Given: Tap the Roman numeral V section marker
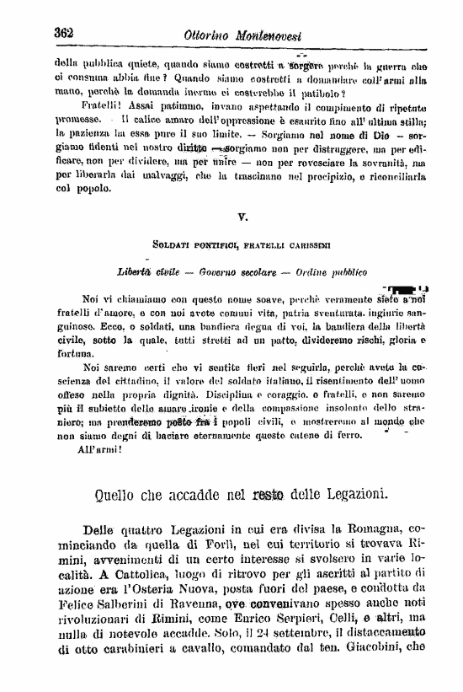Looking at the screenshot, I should coord(242,218).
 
